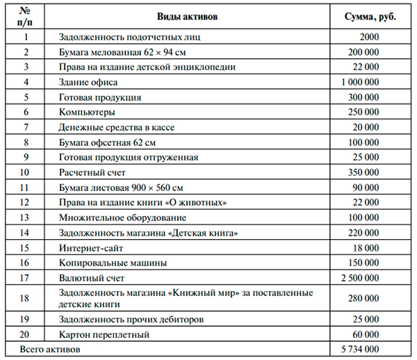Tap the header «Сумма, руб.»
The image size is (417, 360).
click(x=370, y=15)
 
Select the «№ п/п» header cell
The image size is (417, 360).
click(x=26, y=15)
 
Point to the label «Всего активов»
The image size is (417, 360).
click(x=51, y=349)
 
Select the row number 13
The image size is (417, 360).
click(x=26, y=218)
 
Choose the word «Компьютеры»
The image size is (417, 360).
click(x=88, y=112)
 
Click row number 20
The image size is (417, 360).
click(x=26, y=334)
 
